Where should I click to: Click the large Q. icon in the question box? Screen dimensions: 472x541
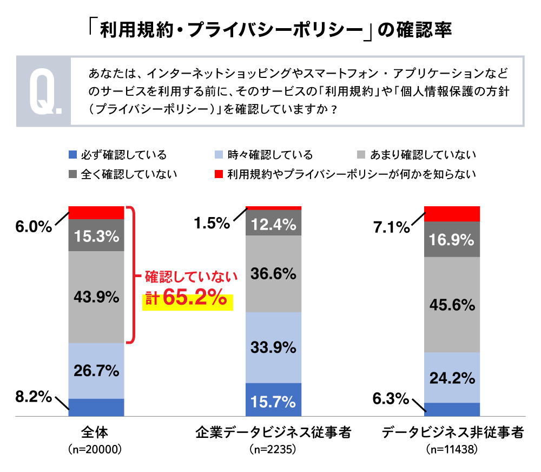pyautogui.click(x=44, y=91)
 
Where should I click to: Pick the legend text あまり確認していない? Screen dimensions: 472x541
pyautogui.click(x=423, y=155)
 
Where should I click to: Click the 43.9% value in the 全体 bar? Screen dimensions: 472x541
pyautogui.click(x=96, y=297)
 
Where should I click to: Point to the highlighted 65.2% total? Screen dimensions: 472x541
pyautogui.click(x=194, y=299)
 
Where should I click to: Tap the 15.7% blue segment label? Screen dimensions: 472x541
pyautogui.click(x=273, y=402)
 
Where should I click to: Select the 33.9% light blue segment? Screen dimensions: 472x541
pyautogui.click(x=273, y=347)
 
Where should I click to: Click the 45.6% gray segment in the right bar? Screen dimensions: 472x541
pyautogui.click(x=452, y=305)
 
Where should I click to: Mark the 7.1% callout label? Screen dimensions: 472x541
pyautogui.click(x=391, y=228)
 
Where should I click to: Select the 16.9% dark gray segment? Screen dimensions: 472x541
pyautogui.click(x=452, y=239)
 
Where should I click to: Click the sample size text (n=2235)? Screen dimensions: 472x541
pyautogui.click(x=273, y=450)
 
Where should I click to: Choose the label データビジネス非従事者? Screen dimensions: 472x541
pyautogui.click(x=452, y=433)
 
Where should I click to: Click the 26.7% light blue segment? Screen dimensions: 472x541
pyautogui.click(x=96, y=371)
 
